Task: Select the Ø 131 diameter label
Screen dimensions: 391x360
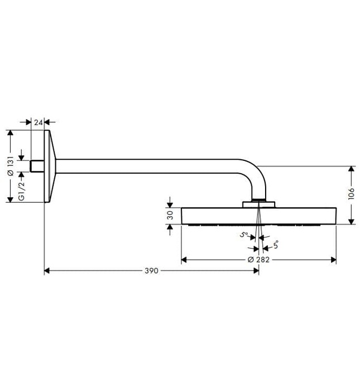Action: coord(10,166)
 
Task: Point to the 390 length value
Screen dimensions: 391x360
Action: coord(151,270)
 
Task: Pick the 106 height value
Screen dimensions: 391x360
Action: coord(351,194)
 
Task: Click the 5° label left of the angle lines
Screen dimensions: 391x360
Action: coord(244,235)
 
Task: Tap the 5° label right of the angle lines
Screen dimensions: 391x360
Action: coord(275,245)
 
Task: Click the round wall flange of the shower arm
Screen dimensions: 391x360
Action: coord(50,166)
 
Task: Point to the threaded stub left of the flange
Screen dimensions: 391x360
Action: coord(37,166)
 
